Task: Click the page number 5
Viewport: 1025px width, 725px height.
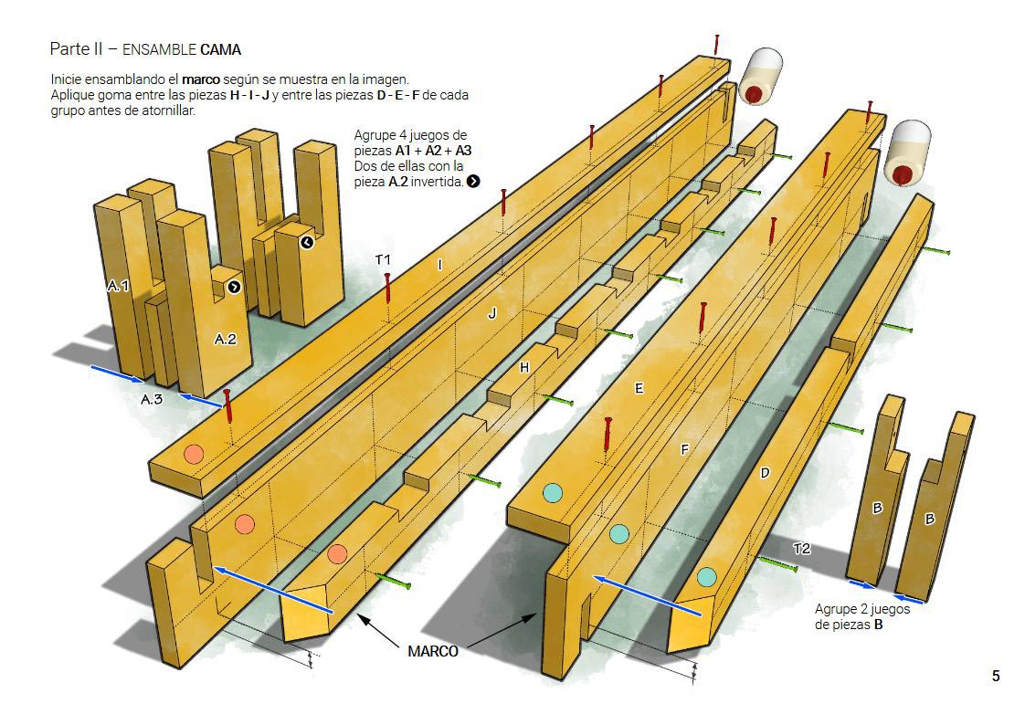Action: point(996,677)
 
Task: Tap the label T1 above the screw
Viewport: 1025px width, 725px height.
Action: point(383,260)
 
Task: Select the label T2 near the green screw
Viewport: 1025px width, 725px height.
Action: point(801,549)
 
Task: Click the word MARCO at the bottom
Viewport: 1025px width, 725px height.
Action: point(433,652)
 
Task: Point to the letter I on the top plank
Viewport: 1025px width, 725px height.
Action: point(440,265)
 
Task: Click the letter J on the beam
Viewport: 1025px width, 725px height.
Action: point(492,313)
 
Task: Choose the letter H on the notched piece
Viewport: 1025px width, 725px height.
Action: point(523,367)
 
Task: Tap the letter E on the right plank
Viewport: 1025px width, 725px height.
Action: point(639,389)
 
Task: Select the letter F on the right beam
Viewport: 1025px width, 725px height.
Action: point(684,449)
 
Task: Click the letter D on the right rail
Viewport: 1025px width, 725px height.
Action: point(765,473)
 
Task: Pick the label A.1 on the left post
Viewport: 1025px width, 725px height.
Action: point(118,286)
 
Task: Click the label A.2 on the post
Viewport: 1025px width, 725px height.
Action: point(226,340)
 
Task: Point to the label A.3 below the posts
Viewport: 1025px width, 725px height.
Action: point(152,399)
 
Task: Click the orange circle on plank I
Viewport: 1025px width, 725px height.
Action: point(193,454)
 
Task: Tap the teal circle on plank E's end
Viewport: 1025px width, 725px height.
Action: point(552,493)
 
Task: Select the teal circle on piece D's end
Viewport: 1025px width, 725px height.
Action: point(706,577)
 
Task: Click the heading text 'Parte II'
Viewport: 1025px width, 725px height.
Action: point(77,48)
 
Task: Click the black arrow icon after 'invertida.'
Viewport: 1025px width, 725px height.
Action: point(473,182)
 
